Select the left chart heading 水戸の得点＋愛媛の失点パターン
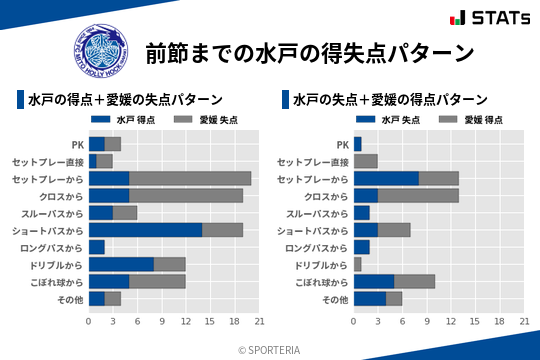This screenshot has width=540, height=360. (125, 100)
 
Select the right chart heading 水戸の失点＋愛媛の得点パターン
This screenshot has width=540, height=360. (390, 100)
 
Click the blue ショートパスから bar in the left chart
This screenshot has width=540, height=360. (145, 230)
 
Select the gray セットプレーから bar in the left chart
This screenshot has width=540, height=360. (190, 178)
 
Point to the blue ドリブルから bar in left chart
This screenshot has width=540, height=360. (121, 265)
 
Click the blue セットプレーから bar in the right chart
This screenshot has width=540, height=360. (386, 178)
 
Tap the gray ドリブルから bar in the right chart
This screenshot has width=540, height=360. (358, 265)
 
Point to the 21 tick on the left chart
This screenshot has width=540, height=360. (259, 321)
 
